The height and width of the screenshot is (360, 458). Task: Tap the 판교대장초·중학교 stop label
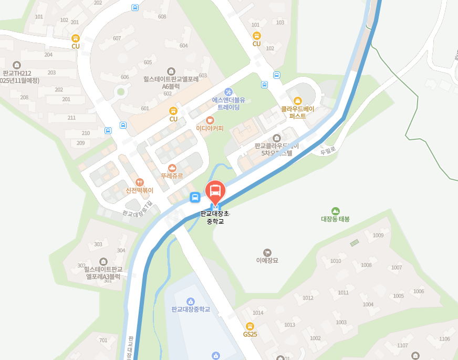215,218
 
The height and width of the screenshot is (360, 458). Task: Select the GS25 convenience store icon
250,326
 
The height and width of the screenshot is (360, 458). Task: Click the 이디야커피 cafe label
210,128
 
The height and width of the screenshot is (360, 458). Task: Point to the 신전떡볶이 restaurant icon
139,182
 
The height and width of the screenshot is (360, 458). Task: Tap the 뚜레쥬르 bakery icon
172,168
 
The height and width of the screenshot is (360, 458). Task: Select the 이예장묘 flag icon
267,252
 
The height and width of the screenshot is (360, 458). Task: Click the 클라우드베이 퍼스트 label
297,112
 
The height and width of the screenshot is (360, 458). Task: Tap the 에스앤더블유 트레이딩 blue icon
228,92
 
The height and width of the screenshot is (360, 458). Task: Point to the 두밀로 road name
328,151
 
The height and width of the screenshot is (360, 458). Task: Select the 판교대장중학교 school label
191,309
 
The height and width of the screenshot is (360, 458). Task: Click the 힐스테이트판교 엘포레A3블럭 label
103,272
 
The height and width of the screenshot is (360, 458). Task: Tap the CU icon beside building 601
173,111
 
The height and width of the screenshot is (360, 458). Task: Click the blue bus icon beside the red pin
195,198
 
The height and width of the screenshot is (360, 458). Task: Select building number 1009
378,235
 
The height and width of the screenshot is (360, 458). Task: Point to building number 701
103,340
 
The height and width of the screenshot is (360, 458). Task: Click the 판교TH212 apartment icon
17,65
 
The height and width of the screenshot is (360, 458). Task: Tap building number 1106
444,339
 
